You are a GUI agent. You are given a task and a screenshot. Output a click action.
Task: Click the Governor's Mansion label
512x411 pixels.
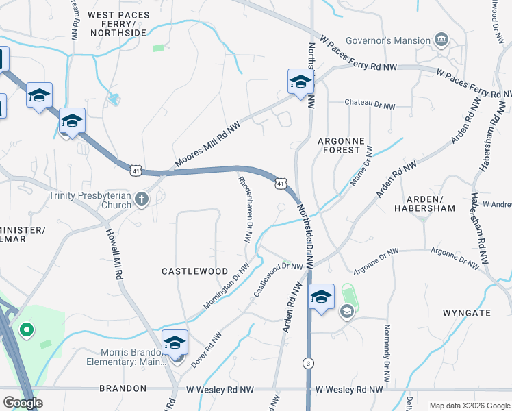387,40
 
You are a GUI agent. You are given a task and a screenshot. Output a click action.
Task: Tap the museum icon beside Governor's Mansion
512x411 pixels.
441,40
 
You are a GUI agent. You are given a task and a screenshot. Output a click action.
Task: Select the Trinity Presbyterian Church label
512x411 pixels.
90,200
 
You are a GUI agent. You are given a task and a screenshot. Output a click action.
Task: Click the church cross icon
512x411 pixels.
142,199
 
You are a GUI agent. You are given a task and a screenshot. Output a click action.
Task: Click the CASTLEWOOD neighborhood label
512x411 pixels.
194,271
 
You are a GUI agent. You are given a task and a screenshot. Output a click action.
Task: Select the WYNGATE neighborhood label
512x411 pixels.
467,312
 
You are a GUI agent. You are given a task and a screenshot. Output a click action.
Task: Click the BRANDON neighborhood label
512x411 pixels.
123,388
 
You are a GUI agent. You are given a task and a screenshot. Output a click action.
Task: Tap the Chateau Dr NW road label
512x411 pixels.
370,106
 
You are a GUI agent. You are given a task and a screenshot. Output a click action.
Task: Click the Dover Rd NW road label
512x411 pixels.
206,350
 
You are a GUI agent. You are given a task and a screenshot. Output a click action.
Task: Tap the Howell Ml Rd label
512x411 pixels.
114,253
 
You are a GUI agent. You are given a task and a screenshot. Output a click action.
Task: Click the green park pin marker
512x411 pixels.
27,332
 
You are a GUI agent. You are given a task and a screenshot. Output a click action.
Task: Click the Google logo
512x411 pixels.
23,402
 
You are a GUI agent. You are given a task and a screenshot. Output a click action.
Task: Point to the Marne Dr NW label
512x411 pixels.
363,167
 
